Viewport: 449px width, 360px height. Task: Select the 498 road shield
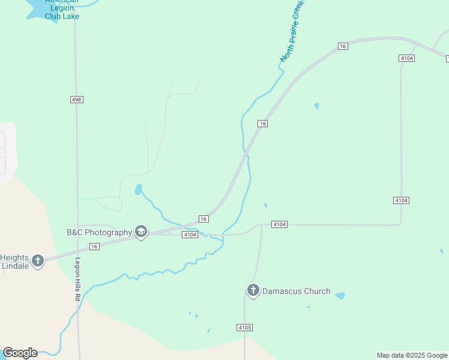[x=76, y=99]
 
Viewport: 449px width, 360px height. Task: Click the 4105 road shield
[x=244, y=328]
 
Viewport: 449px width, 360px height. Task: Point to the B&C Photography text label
[x=99, y=232]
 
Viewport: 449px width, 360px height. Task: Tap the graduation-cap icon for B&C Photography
[x=141, y=232]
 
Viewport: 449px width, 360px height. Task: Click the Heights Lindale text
[x=14, y=261]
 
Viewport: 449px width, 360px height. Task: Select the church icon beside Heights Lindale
[x=38, y=260]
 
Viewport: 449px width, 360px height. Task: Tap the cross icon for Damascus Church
[x=253, y=291]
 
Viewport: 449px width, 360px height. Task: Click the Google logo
[x=20, y=353]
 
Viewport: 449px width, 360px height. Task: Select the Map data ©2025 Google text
[x=412, y=355]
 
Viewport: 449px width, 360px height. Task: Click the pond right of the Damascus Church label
[x=340, y=296]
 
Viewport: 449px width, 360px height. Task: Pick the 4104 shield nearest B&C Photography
[x=190, y=235]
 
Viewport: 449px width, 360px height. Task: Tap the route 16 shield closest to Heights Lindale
[x=94, y=247]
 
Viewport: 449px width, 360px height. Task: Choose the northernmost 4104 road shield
[x=406, y=58]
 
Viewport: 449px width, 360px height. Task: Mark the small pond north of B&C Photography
[x=139, y=190]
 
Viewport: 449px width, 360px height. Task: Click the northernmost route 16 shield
[x=343, y=46]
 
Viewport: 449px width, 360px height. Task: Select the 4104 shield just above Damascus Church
[x=279, y=224]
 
